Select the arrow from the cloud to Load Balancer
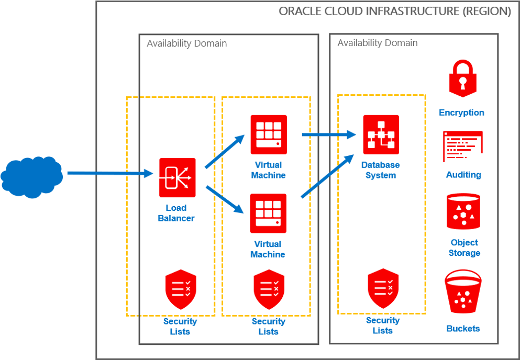110,173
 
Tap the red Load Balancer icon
178,177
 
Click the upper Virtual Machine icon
268,134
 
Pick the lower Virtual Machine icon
268,213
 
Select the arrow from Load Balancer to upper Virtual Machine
225,151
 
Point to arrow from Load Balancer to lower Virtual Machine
225,199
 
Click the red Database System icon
381,134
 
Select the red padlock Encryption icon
461,78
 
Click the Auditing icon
462,146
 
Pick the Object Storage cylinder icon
463,212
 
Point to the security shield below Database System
383,288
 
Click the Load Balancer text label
176,212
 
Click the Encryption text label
461,113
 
